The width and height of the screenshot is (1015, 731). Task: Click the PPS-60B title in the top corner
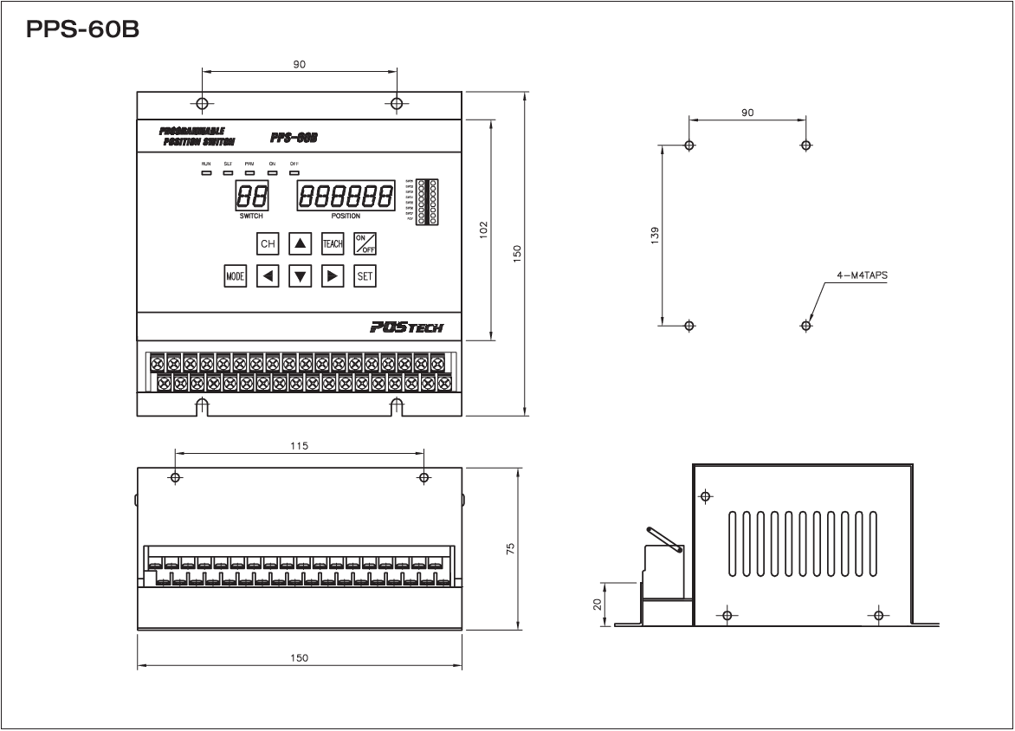[83, 30]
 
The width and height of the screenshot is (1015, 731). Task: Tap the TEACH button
[333, 243]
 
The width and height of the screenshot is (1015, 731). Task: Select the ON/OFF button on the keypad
[365, 243]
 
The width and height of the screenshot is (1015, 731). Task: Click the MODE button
[235, 276]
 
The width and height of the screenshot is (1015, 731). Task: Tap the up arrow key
[300, 243]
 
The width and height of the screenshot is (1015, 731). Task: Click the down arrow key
[300, 276]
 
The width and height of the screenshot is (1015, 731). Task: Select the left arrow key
[268, 276]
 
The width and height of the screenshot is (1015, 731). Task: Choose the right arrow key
[333, 276]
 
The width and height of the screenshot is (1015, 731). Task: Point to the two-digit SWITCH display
[251, 196]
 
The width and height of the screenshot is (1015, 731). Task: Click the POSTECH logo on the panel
[405, 327]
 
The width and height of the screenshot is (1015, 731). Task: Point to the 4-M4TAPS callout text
[862, 275]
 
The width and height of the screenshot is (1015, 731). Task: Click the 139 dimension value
[655, 235]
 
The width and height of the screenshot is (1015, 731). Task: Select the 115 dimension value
[300, 445]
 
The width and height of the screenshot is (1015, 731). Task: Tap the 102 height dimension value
[484, 229]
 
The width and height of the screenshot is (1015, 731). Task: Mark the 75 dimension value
[510, 549]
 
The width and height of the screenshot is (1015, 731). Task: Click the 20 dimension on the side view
[598, 604]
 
